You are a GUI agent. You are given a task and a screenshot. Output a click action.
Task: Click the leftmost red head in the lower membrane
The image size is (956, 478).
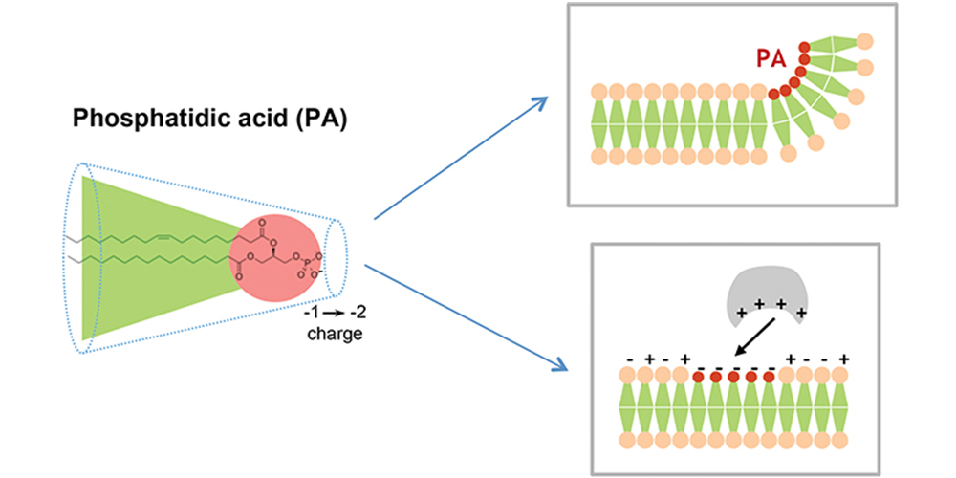(x=698, y=377)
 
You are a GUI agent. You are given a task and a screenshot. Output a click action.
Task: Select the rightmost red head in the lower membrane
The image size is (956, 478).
(x=769, y=377)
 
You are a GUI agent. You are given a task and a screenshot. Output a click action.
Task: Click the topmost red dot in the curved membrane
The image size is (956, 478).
(x=804, y=47)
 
